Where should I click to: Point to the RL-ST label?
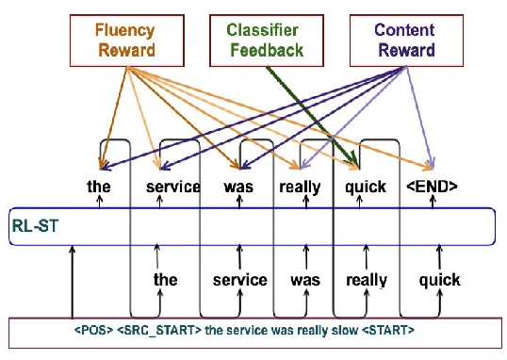tap(35, 226)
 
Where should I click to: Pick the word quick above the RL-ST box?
tap(366, 187)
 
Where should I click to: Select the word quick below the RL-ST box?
tap(439, 280)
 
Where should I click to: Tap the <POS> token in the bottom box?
tap(95, 332)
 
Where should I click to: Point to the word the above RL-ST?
tap(98, 187)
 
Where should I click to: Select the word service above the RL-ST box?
tap(173, 187)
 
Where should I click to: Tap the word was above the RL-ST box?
tap(239, 187)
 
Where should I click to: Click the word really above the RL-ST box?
tap(301, 187)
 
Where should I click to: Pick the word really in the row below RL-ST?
tap(367, 280)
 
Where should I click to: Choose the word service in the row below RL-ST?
tap(240, 280)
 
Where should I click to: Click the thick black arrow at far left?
tap(73, 283)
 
